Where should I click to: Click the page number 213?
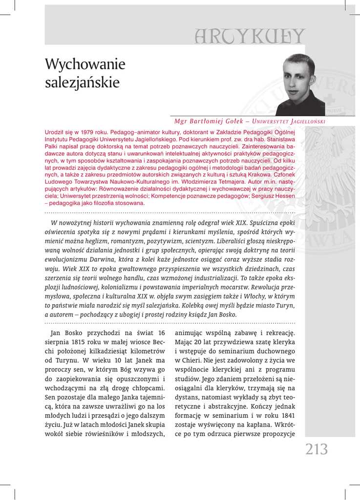click(x=317, y=449)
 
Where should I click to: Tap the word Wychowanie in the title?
click(x=85, y=64)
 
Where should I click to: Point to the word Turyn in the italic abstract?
click(x=285, y=305)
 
